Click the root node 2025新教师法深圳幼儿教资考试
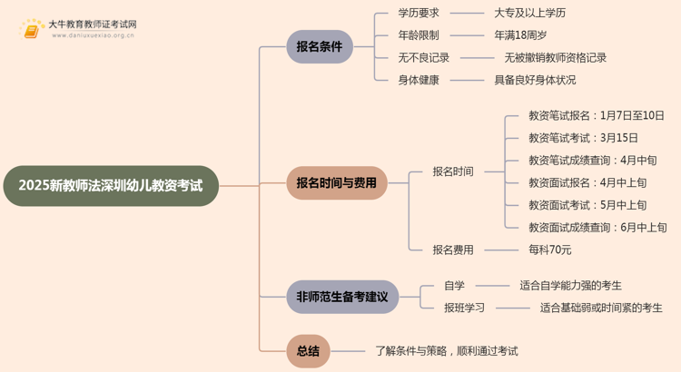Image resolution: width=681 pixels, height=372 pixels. click(x=110, y=186)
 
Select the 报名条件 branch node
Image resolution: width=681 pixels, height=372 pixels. click(x=319, y=46)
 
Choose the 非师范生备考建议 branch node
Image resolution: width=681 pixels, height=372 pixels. click(x=342, y=297)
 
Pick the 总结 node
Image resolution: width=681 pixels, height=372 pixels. click(x=308, y=350)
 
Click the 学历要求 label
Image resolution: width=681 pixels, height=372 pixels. click(x=419, y=14)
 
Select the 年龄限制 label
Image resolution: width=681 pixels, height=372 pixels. click(x=419, y=35)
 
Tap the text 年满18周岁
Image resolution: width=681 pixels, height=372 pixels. click(x=520, y=35)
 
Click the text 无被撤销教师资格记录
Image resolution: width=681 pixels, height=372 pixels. click(x=556, y=57)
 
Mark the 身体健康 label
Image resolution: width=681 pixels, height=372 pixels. click(x=419, y=80)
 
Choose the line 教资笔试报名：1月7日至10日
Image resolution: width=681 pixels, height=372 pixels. click(x=597, y=116)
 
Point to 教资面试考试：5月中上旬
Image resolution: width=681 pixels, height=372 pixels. click(x=587, y=206)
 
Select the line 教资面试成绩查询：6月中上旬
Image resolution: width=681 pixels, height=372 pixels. click(x=597, y=228)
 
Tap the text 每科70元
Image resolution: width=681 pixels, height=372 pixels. click(x=550, y=250)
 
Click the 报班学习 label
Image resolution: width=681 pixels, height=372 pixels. click(x=464, y=308)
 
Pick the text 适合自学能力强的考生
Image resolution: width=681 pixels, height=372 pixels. click(x=570, y=285)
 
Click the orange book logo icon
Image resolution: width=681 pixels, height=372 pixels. click(x=32, y=30)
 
